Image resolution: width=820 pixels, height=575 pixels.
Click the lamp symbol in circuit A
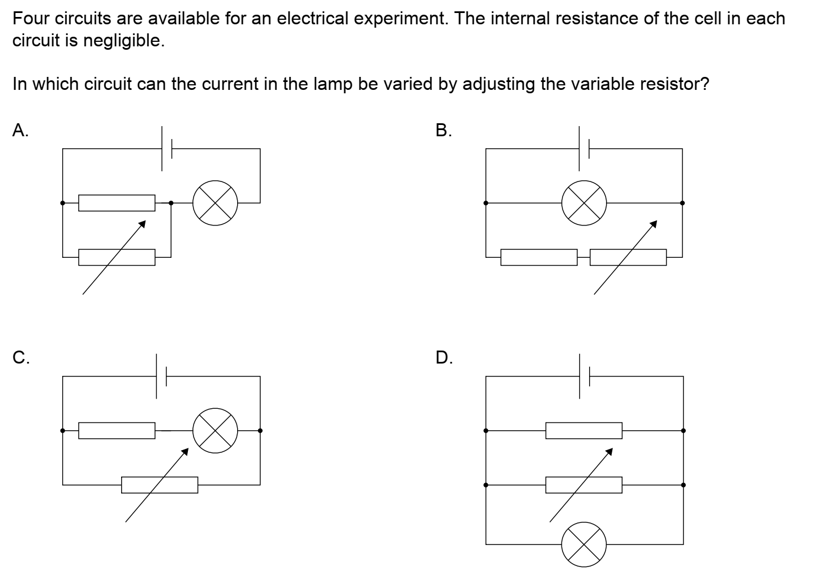click(215, 203)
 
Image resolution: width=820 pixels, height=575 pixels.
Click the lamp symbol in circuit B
click(584, 203)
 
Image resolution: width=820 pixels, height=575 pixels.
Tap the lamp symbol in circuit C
click(215, 430)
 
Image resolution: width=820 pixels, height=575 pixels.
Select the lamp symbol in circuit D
click(584, 544)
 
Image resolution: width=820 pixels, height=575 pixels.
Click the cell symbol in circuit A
click(166, 149)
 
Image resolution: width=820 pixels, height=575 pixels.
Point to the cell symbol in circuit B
click(584, 149)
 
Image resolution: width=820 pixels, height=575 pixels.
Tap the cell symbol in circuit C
click(161, 376)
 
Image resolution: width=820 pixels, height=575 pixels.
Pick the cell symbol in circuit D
click(584, 376)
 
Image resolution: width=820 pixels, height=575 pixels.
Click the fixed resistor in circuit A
click(117, 203)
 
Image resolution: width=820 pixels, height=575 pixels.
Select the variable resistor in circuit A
click(117, 257)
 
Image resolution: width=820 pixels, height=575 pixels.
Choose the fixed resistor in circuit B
click(539, 257)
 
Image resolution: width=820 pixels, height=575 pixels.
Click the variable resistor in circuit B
click(628, 257)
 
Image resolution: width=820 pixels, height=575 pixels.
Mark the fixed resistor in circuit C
click(117, 430)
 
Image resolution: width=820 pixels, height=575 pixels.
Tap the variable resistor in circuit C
click(160, 485)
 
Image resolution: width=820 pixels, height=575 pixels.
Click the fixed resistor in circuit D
click(584, 430)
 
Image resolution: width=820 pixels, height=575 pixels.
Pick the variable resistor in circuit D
click(584, 485)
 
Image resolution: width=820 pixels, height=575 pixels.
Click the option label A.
click(20, 131)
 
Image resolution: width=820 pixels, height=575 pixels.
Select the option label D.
click(444, 357)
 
